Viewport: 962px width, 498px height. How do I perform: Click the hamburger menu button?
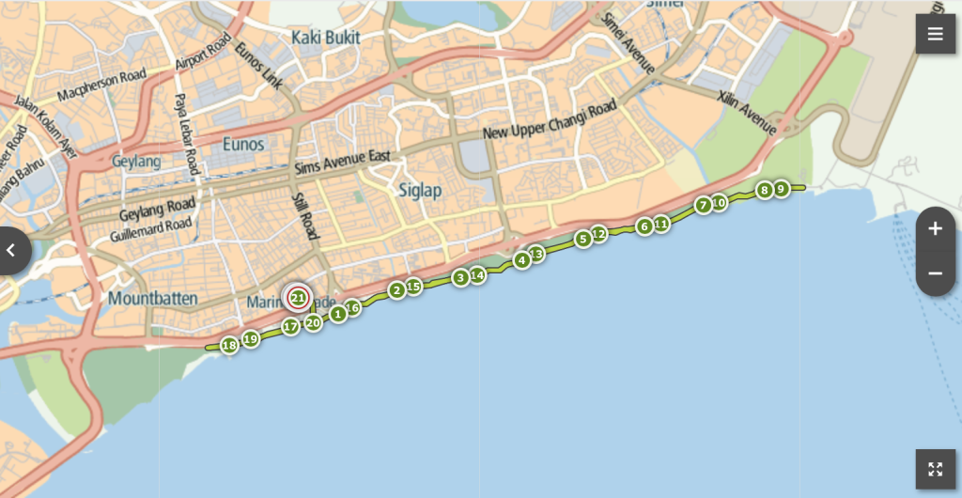coord(935,35)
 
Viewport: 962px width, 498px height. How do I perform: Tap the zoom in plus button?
coord(935,228)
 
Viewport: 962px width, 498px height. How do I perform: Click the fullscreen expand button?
coord(935,469)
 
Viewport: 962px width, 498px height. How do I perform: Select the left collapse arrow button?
coord(12,251)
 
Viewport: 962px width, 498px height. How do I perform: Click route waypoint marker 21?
coord(298,298)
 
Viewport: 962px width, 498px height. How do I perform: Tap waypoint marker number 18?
coord(229,346)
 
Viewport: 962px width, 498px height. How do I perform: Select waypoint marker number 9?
coord(781,189)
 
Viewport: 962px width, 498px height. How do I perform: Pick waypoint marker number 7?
coord(703,206)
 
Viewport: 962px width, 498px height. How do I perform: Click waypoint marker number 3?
coord(460,277)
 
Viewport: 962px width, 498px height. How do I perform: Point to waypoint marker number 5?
coord(583,239)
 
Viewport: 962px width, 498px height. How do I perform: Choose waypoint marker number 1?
coord(337,313)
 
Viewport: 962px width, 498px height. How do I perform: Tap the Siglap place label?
coord(420,191)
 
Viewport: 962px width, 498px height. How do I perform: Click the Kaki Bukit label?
coord(327,38)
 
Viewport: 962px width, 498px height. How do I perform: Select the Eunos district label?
coord(243,144)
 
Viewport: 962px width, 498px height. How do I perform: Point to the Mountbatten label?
coord(153,299)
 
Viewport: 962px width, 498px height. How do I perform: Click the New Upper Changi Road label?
coord(550,120)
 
